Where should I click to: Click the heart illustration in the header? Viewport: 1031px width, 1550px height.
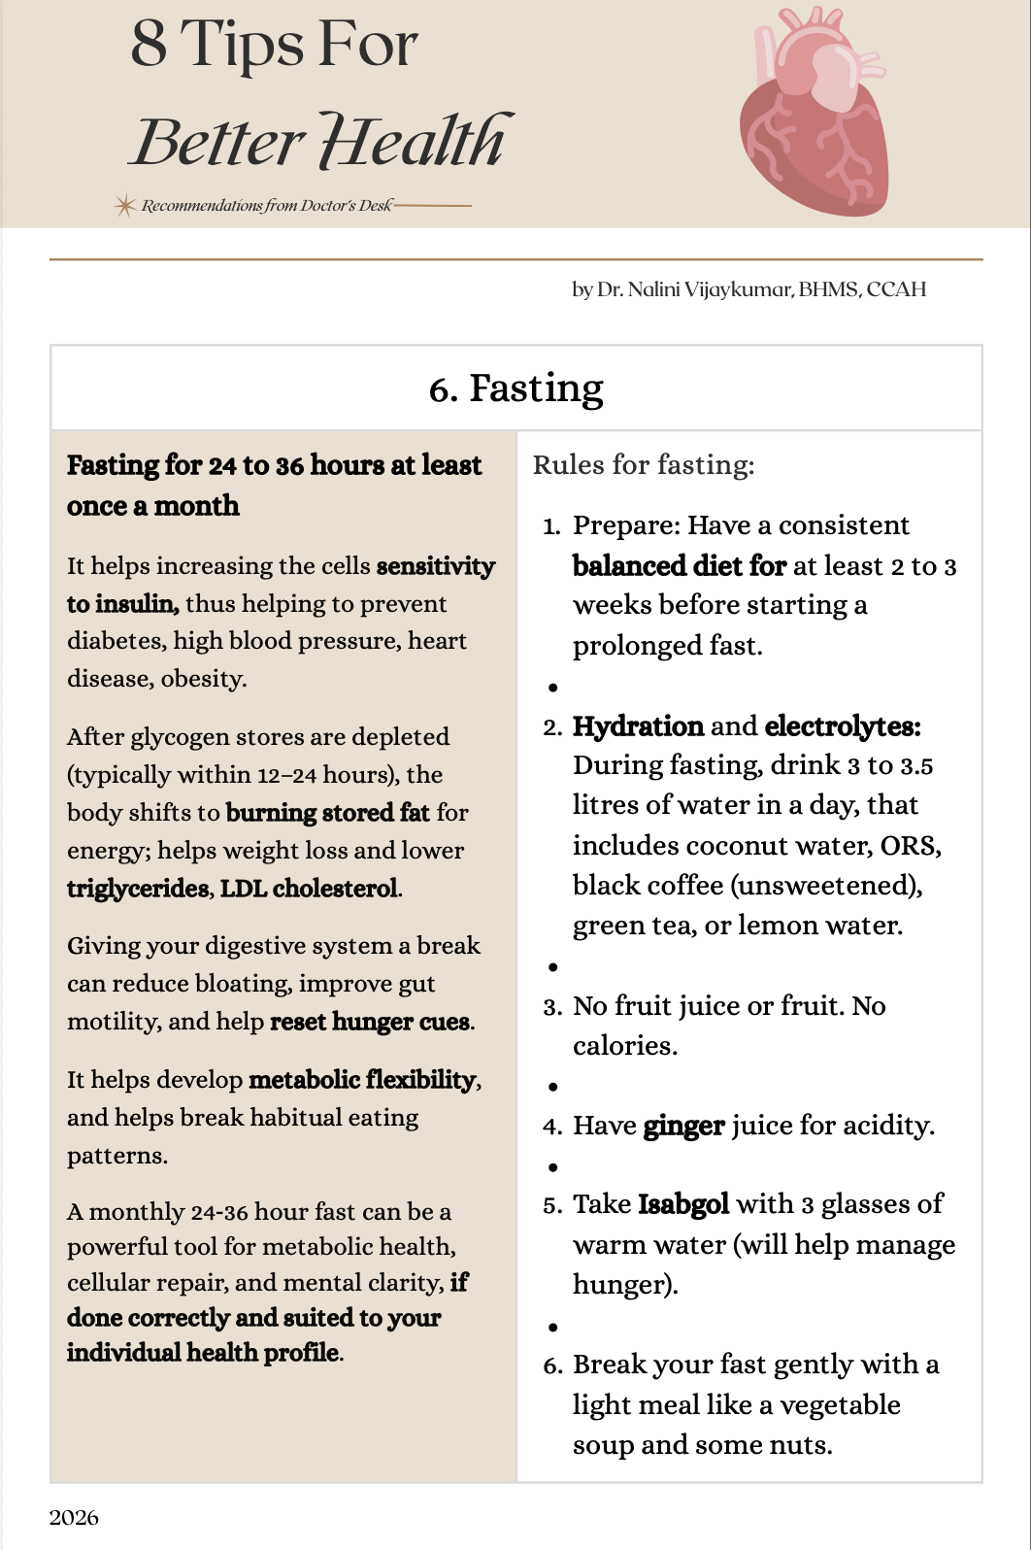814,115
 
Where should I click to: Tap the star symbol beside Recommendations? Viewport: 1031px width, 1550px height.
124,205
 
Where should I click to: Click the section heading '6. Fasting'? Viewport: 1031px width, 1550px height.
515,387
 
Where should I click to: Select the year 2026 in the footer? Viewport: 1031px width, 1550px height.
74,1517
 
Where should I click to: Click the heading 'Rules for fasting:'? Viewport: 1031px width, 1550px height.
643,465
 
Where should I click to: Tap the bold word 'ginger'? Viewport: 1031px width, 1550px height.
683,1126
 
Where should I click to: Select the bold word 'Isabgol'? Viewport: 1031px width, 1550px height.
682,1204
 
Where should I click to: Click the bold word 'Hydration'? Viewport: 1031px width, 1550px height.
638,726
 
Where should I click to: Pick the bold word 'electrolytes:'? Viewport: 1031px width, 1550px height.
842,726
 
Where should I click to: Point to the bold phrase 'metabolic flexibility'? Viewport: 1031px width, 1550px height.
363,1080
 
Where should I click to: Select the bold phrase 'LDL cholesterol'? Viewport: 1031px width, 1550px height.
309,889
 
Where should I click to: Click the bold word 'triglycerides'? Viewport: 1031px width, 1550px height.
138,889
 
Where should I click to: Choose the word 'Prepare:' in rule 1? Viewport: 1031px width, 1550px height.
626,525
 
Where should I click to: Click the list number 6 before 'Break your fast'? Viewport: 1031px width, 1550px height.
551,1365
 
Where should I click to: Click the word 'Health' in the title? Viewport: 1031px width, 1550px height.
414,142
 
